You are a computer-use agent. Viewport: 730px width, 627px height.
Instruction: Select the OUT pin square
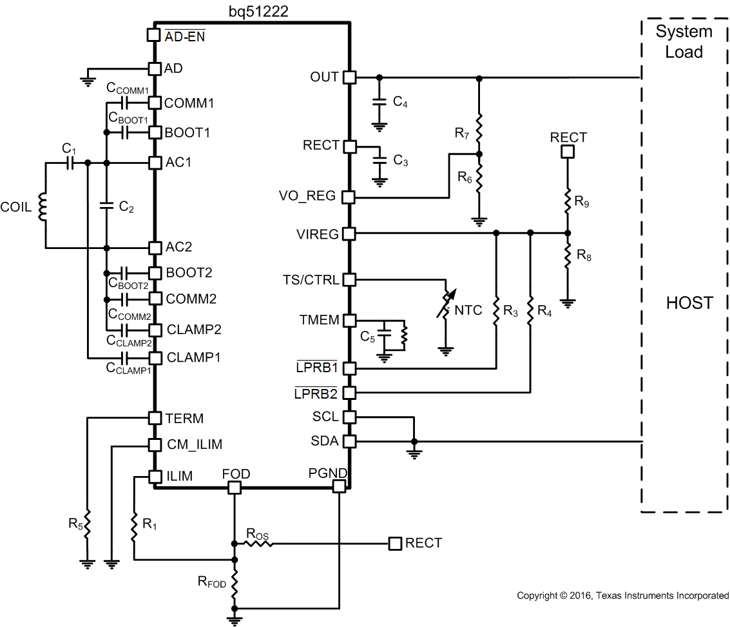pyautogui.click(x=349, y=77)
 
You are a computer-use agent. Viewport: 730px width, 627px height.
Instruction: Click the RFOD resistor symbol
pyautogui.click(x=235, y=583)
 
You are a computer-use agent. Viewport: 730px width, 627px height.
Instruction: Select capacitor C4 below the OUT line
pyautogui.click(x=379, y=102)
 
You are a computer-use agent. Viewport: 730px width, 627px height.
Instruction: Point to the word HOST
pyautogui.click(x=689, y=303)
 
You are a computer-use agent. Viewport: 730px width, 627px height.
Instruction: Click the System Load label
pyautogui.click(x=684, y=41)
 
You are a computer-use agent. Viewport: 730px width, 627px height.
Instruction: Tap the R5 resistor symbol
pyautogui.click(x=87, y=521)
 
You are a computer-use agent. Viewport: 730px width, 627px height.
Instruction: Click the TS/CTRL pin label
pyautogui.click(x=311, y=280)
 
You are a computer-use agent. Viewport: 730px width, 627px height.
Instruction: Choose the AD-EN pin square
pyautogui.click(x=154, y=35)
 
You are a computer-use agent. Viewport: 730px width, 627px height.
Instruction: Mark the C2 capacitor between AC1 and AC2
pyautogui.click(x=106, y=206)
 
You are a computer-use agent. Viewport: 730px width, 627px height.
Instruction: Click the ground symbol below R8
pyautogui.click(x=568, y=301)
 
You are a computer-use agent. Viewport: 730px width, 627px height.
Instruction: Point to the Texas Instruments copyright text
pyautogui.click(x=622, y=595)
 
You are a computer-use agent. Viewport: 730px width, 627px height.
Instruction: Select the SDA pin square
pyautogui.click(x=349, y=442)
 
